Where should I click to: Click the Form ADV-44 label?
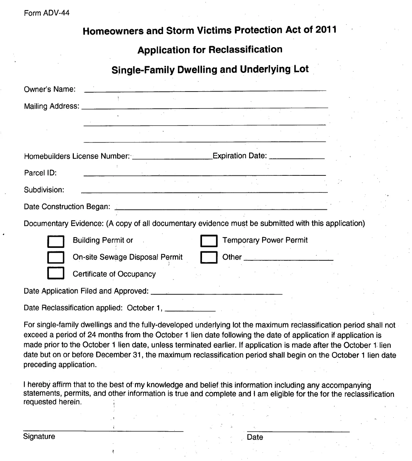pyautogui.click(x=46, y=13)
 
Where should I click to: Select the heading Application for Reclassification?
pyautogui.click(x=210, y=50)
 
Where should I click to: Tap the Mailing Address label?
pyautogui.click(x=51, y=106)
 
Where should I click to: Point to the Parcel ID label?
pyautogui.click(x=40, y=173)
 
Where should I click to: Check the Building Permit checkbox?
pyautogui.click(x=56, y=241)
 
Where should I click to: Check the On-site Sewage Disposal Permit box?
pyautogui.click(x=56, y=258)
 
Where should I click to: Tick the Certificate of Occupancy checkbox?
pyautogui.click(x=56, y=273)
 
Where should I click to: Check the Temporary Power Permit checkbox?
pyautogui.click(x=209, y=241)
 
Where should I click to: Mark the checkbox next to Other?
pyautogui.click(x=209, y=258)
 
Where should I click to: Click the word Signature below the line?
pyautogui.click(x=39, y=436)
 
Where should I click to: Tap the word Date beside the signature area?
pyautogui.click(x=255, y=437)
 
